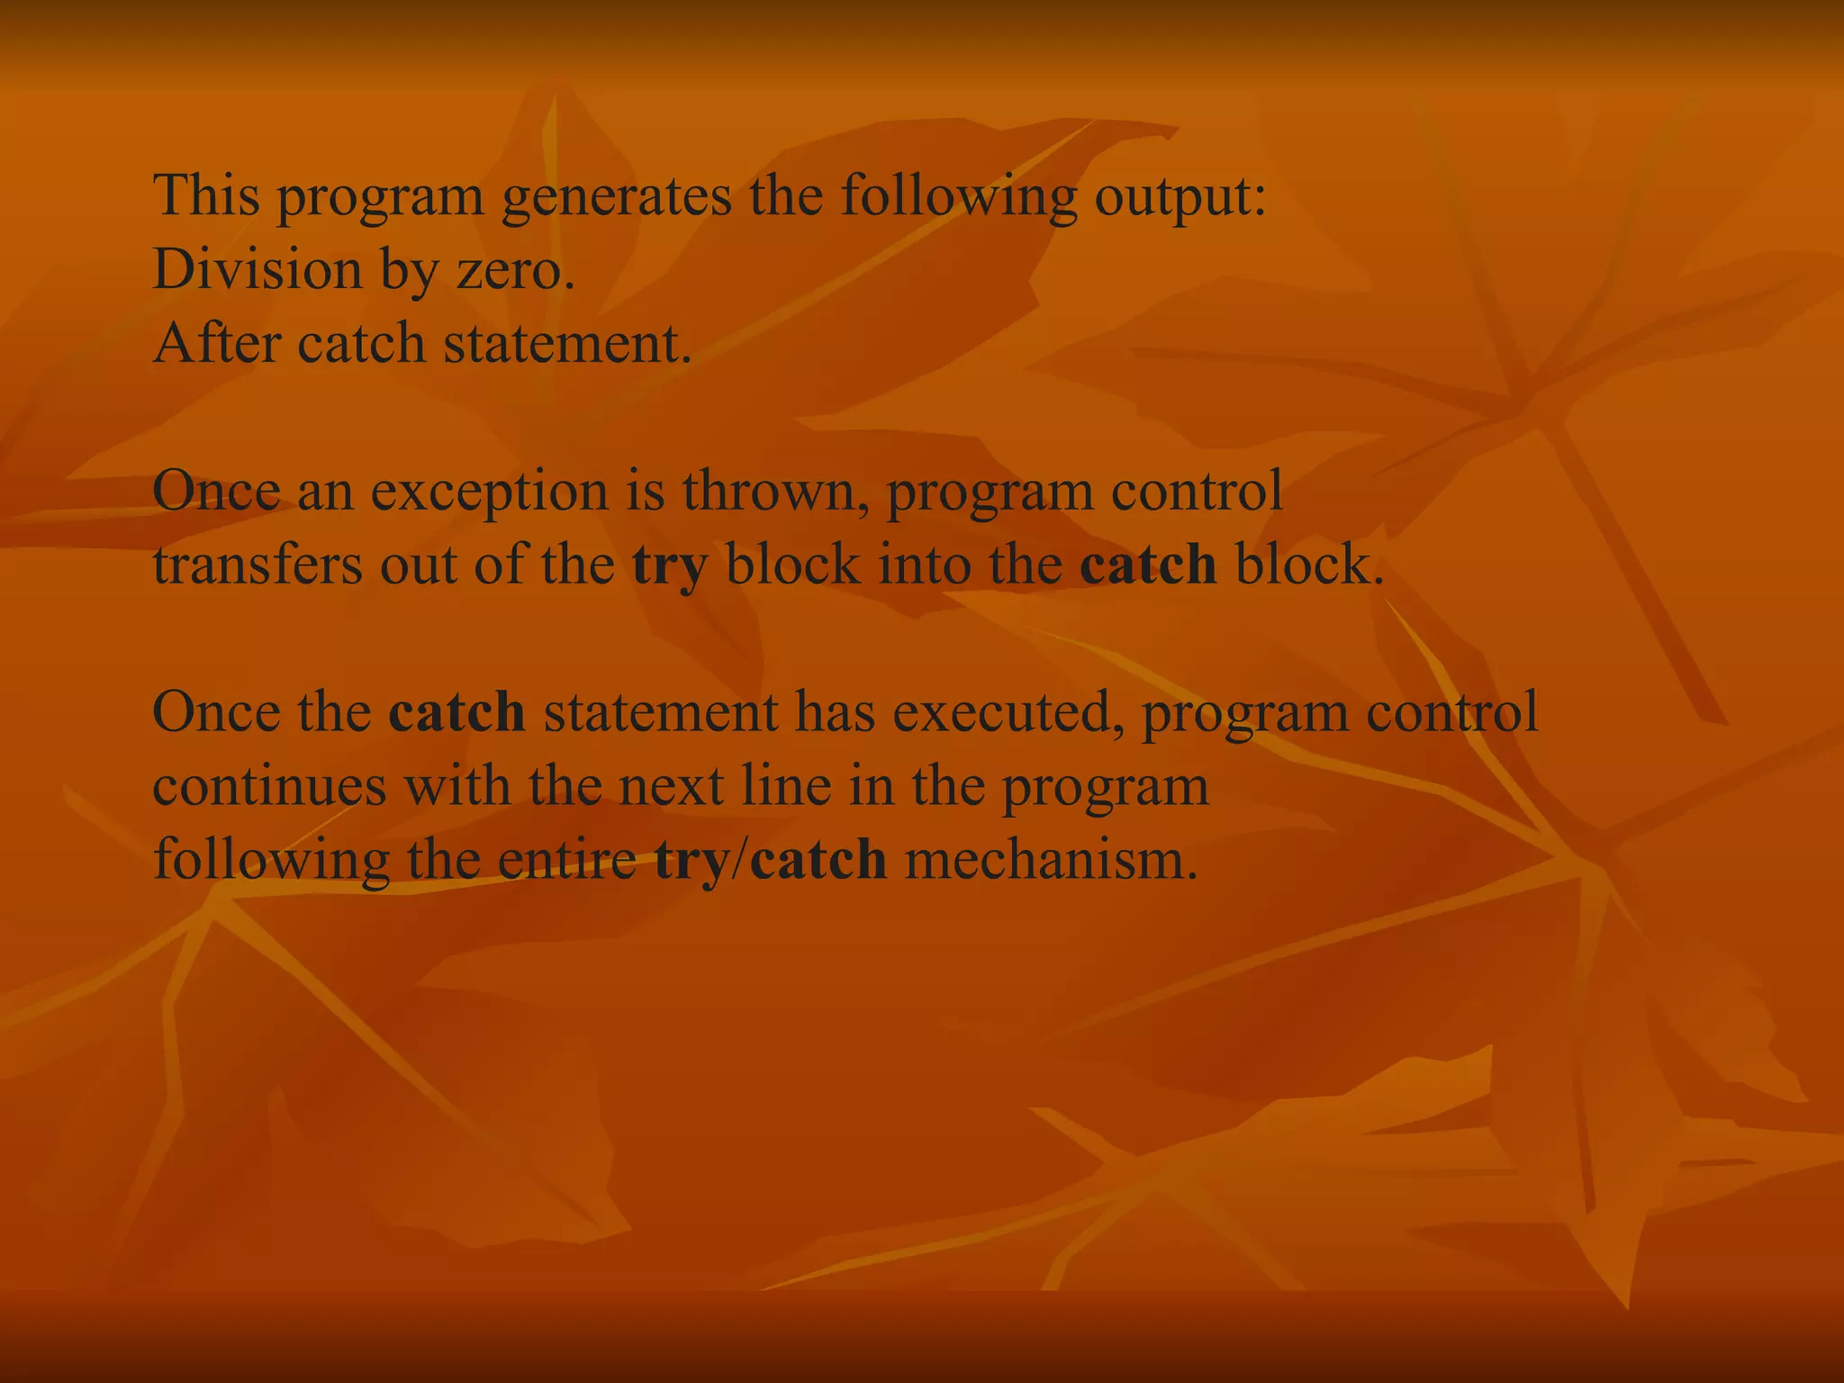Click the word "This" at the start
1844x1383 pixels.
point(206,195)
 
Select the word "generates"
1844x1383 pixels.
point(616,197)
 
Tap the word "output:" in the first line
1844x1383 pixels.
point(1180,197)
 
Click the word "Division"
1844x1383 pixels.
point(258,269)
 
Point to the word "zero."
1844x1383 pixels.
point(516,271)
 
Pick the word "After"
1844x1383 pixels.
point(216,343)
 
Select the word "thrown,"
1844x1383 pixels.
point(775,492)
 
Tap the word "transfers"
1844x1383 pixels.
point(258,565)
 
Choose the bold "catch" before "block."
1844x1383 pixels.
point(1148,565)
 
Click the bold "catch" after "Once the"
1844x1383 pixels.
point(456,712)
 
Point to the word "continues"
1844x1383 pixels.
point(269,786)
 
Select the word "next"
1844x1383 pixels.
point(671,787)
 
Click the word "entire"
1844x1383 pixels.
point(567,860)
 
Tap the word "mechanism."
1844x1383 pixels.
point(1052,860)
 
